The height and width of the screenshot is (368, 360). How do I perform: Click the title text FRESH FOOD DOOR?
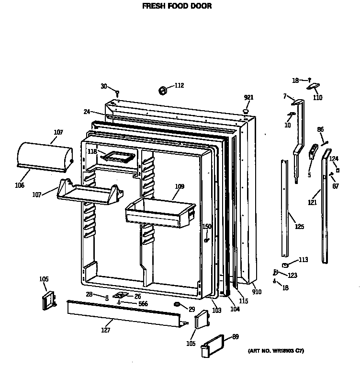(x=177, y=7)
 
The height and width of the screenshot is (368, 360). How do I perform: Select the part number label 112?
(x=179, y=86)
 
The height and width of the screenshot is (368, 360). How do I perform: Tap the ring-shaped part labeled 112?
(x=162, y=89)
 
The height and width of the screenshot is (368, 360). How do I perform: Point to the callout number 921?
(x=248, y=97)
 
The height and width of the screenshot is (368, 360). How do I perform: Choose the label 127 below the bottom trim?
(x=106, y=330)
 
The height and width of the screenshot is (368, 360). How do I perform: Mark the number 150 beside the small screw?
(x=206, y=227)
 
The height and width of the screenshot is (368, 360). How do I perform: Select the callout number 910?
(x=257, y=292)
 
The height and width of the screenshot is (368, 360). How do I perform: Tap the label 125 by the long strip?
(x=299, y=226)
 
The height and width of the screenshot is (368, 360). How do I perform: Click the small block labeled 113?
(x=286, y=264)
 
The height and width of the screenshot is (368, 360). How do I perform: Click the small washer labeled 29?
(x=177, y=305)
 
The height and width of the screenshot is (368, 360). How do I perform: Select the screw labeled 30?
(x=117, y=91)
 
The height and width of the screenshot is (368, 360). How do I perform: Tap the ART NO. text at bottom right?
(x=276, y=351)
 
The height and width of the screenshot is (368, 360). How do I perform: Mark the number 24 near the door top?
(x=87, y=112)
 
